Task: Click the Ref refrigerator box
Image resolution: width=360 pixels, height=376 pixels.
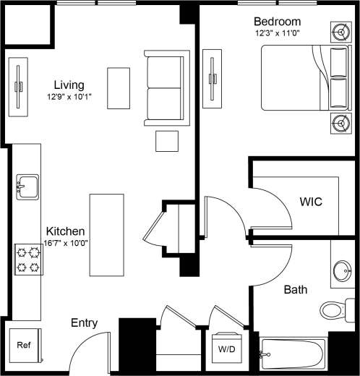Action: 24,346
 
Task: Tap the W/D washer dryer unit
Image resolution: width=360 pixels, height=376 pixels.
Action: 226,349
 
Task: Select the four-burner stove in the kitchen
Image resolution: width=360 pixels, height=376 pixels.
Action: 28,260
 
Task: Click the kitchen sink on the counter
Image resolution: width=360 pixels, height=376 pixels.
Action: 28,187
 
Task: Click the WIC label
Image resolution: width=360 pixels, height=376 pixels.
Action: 310,200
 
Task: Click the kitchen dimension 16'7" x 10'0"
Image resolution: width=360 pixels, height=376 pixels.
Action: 64,244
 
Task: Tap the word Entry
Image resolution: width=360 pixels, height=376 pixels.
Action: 84,323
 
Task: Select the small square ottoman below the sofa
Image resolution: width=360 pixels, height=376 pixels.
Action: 167,140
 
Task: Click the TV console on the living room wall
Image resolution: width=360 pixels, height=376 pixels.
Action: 18,85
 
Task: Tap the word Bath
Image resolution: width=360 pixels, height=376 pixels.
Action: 295,290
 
